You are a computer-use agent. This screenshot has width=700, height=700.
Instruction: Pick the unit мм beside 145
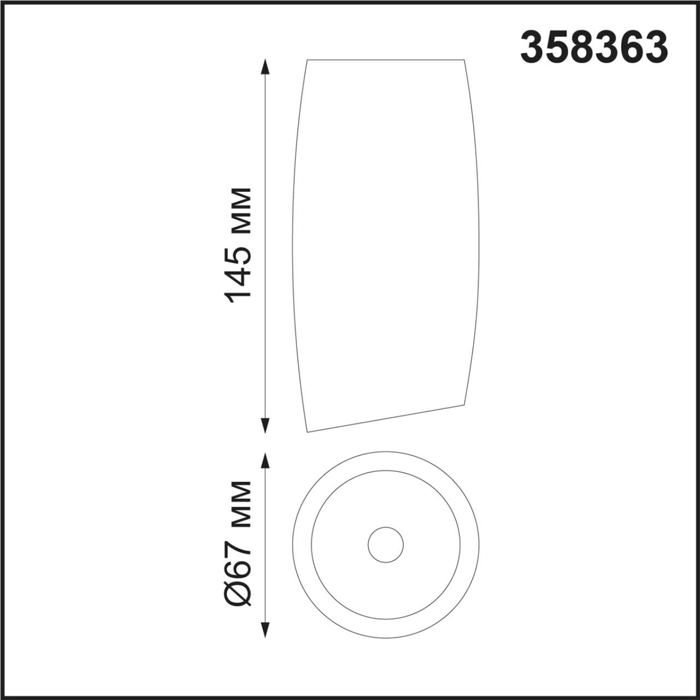tap(240, 208)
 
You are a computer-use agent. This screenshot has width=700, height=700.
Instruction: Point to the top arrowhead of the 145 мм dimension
tap(266, 67)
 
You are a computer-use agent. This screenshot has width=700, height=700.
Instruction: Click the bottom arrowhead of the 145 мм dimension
tap(266, 425)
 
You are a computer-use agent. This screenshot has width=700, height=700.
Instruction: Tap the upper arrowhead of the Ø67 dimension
tap(266, 460)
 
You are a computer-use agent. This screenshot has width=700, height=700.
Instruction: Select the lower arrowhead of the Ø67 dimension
tap(266, 630)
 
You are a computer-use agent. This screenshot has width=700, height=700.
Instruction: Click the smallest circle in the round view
tap(386, 545)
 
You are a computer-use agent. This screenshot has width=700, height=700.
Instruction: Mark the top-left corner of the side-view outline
tap(307, 60)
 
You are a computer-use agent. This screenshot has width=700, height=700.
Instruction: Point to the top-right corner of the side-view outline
tap(465, 60)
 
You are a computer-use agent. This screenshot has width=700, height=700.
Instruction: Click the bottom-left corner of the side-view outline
tap(308, 432)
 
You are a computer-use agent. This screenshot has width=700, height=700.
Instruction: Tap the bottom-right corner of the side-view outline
tap(464, 405)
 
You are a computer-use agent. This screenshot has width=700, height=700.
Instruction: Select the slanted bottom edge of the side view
tap(386, 418)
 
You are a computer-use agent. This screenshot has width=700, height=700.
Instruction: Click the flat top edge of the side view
tap(386, 60)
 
